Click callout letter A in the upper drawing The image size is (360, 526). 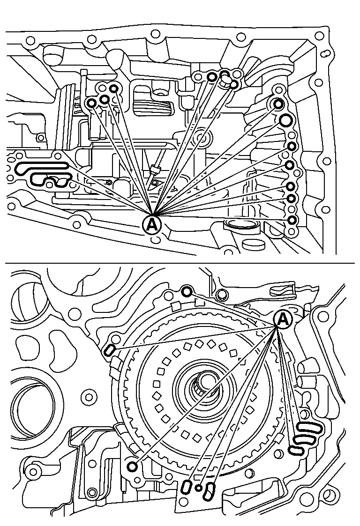pos(152,224)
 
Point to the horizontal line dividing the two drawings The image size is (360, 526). pos(180,263)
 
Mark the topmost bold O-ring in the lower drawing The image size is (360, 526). pos(187,291)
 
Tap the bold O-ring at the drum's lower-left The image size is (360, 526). pos(133,467)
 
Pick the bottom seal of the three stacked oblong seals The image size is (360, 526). pos(296,451)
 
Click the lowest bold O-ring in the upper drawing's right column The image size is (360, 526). pos(292,220)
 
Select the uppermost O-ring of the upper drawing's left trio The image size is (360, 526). pos(114,89)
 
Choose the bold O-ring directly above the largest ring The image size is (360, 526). pos(278,104)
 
